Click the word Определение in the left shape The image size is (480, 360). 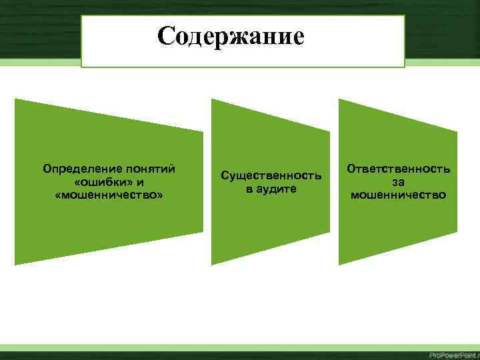pyautogui.click(x=74, y=169)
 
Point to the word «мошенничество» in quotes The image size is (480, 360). pyautogui.click(x=109, y=195)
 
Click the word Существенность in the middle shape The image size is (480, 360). pyautogui.click(x=271, y=176)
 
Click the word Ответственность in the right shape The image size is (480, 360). pyautogui.click(x=399, y=169)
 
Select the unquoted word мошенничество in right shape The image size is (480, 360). pyautogui.click(x=399, y=195)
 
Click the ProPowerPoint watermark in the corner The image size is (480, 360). pyautogui.click(x=453, y=354)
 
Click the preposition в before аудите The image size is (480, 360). pyautogui.click(x=249, y=189)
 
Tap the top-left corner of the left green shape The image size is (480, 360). pyautogui.click(x=16, y=100)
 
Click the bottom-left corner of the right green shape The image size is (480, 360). pyautogui.click(x=339, y=264)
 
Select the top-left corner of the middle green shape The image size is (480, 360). pyautogui.click(x=213, y=100)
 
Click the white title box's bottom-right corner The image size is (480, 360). pyautogui.click(x=404, y=67)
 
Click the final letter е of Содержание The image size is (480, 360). pyautogui.click(x=297, y=36)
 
